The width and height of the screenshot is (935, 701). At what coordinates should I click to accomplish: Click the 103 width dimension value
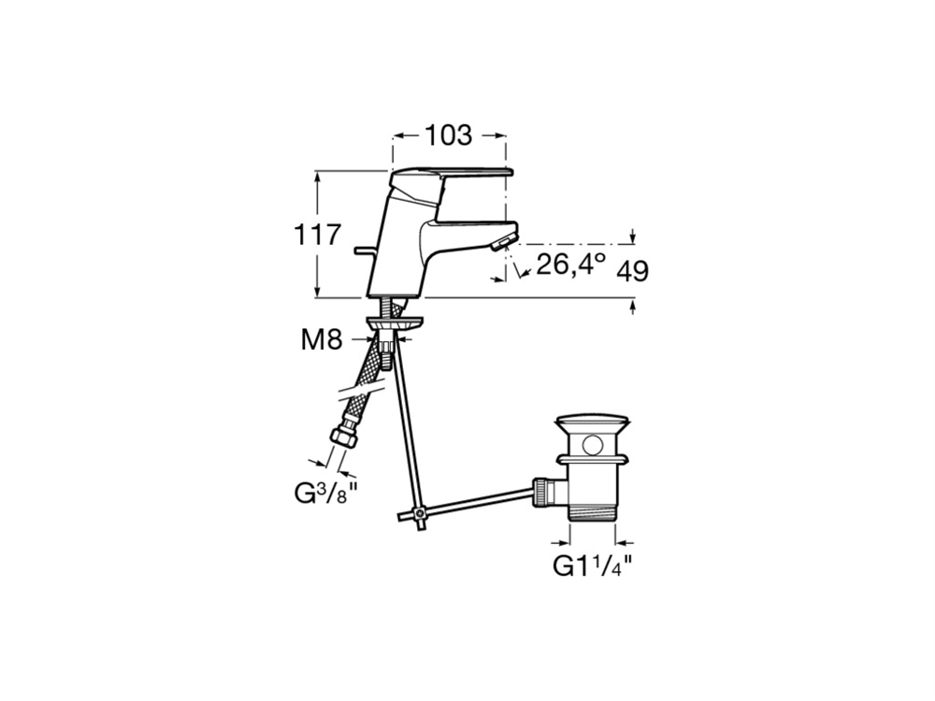448,136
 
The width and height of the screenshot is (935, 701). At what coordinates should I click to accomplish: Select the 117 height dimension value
318,235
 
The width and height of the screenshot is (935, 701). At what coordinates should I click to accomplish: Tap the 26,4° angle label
570,265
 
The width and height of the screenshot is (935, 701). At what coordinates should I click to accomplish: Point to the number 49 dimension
633,272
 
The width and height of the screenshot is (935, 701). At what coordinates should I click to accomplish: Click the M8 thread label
322,340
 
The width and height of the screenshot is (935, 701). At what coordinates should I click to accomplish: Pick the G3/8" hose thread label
326,494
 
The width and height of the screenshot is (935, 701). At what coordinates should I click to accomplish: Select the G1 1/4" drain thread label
592,565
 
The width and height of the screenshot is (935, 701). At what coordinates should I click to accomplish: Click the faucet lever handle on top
451,177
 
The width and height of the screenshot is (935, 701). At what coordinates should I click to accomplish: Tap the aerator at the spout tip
502,243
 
